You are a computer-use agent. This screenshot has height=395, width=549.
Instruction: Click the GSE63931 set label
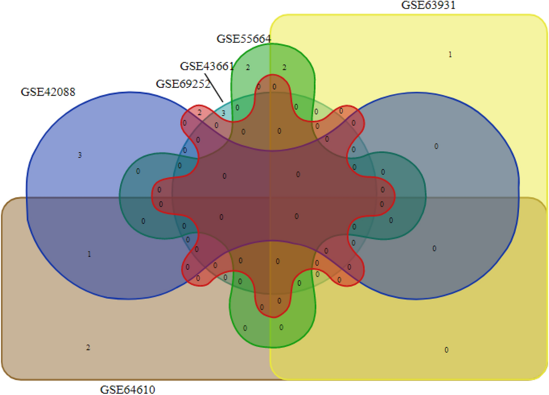click(x=428, y=5)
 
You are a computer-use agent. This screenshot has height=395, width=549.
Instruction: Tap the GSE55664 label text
click(x=244, y=39)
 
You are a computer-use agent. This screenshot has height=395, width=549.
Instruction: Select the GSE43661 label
click(x=207, y=66)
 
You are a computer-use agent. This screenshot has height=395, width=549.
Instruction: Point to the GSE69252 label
click(x=183, y=84)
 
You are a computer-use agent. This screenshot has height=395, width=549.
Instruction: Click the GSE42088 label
click(x=48, y=92)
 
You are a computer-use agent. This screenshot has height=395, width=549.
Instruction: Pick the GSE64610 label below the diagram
click(x=127, y=389)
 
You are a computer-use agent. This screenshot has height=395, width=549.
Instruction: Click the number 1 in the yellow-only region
click(x=450, y=54)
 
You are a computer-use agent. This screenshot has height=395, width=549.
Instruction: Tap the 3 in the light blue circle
click(x=80, y=155)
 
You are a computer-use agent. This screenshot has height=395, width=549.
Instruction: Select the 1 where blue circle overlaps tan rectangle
click(x=89, y=254)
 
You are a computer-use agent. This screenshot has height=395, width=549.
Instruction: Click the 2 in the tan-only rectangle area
click(x=88, y=347)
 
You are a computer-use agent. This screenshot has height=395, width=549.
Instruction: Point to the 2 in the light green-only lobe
click(x=248, y=67)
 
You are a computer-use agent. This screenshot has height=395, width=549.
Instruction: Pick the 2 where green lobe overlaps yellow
click(x=284, y=67)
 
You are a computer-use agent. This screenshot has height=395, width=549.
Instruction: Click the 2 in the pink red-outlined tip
click(x=200, y=112)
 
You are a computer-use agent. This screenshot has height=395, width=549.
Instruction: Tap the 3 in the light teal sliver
click(x=223, y=113)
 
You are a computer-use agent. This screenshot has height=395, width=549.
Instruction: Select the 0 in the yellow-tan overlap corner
click(x=446, y=350)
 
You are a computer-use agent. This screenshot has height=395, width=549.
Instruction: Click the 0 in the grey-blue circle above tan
click(x=436, y=146)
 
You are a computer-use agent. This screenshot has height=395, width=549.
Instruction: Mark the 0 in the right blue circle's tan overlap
click(x=434, y=249)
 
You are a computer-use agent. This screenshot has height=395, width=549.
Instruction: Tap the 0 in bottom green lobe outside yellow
click(x=245, y=328)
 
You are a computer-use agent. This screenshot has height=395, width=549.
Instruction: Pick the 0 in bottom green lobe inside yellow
click(x=281, y=327)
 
